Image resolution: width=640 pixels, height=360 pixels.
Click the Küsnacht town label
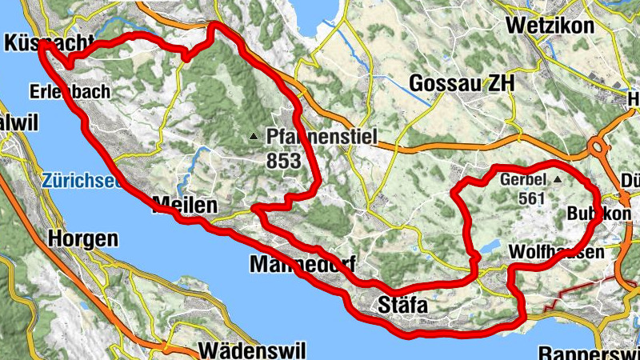click(48, 43)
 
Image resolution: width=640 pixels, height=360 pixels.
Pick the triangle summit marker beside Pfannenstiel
click(254, 138)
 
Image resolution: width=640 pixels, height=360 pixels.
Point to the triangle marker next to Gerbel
click(558, 180)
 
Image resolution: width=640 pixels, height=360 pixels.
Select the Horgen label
click(82, 238)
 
